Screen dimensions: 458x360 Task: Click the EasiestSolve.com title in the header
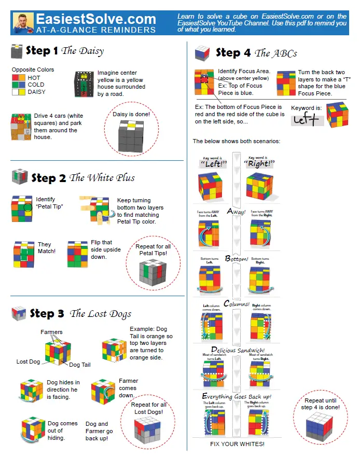click(x=95, y=19)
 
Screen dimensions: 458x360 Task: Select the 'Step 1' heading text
click(x=42, y=51)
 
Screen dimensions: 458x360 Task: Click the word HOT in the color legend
click(x=34, y=77)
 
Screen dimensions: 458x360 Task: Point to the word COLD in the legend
click(x=36, y=85)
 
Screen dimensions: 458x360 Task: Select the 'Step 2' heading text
click(x=48, y=178)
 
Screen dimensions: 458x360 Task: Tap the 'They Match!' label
click(x=45, y=248)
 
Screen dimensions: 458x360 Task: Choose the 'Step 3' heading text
click(x=47, y=313)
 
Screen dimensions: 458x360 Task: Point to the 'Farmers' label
click(x=52, y=332)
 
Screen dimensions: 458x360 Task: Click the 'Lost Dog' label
click(x=29, y=362)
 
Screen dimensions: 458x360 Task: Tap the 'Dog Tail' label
click(x=80, y=365)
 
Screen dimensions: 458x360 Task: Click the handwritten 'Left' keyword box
click(x=307, y=120)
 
